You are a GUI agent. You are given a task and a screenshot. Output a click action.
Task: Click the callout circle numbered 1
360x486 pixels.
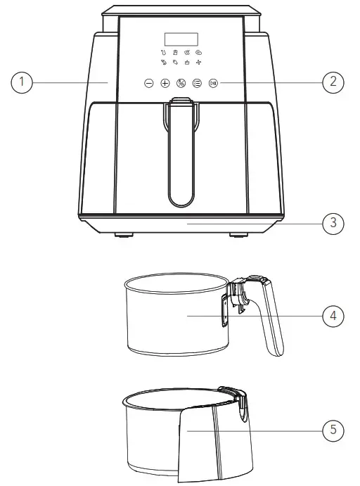tap(22, 82)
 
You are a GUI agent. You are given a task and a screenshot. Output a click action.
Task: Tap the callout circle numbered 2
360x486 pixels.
tap(333, 82)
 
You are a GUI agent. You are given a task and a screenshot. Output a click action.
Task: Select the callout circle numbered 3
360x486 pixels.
tap(333, 223)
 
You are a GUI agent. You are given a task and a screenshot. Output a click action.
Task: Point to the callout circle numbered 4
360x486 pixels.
tap(333, 316)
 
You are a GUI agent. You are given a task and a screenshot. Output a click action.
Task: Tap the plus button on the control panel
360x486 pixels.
tap(165, 83)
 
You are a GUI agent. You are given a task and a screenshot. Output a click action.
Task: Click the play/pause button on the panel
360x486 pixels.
tap(213, 83)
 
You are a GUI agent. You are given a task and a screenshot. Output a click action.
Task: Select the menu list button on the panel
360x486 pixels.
tap(197, 83)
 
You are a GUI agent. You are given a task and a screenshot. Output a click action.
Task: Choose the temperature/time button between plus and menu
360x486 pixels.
tap(181, 83)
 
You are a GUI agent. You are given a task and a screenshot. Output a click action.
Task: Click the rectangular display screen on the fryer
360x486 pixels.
tap(181, 39)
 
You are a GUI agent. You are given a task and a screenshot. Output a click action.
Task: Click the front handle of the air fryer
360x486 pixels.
tap(180, 155)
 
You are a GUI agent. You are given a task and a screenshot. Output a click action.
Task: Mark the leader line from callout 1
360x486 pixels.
tap(70, 82)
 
